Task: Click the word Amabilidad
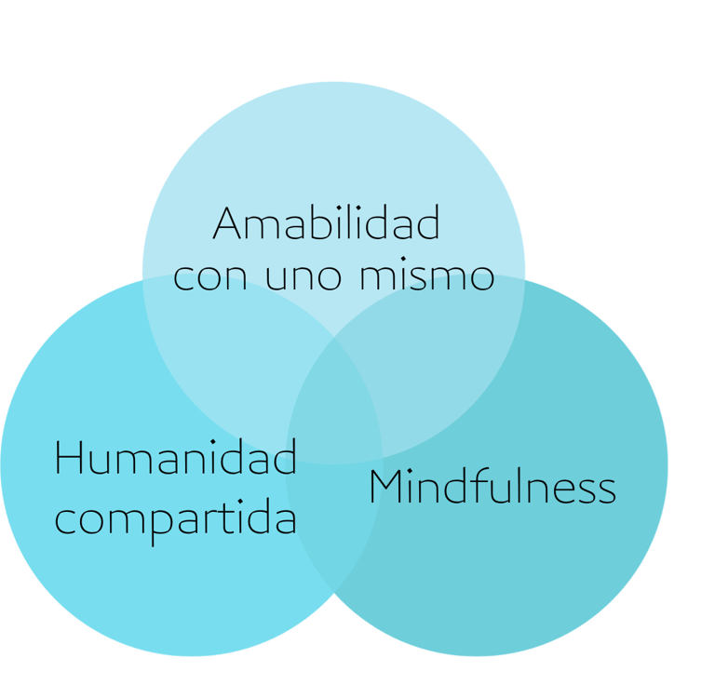(x=326, y=224)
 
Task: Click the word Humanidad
(x=176, y=458)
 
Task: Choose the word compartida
(x=176, y=518)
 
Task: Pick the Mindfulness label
(x=492, y=487)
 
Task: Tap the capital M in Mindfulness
(x=386, y=487)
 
